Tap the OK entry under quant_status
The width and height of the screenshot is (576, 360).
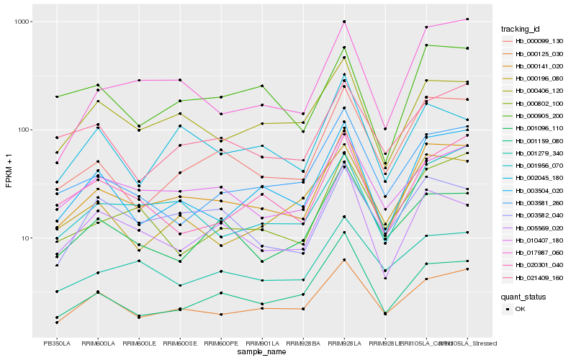[520, 309]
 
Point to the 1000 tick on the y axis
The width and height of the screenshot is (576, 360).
[20, 22]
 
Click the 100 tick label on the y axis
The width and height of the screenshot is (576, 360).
[22, 130]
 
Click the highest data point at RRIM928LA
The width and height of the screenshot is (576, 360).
[344, 22]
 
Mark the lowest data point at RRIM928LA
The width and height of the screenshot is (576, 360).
[344, 259]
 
